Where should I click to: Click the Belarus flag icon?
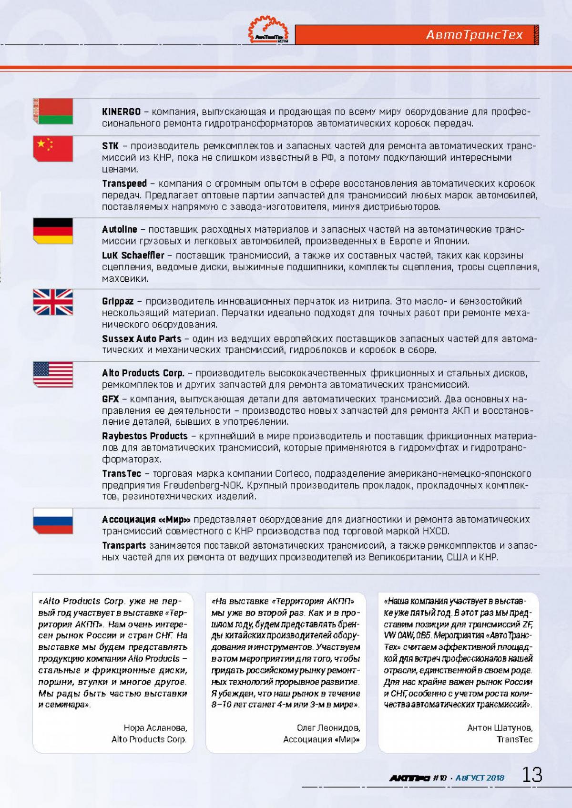[53, 112]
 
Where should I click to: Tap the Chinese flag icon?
[53, 148]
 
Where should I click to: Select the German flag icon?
[53, 230]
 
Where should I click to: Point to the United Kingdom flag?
[53, 302]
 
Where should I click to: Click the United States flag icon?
[53, 374]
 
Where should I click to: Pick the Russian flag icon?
[53, 521]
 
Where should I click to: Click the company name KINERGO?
[121, 112]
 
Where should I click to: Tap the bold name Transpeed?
[124, 184]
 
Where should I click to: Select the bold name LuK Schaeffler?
[133, 255]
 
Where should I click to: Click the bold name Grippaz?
[118, 301]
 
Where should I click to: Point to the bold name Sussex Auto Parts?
[142, 339]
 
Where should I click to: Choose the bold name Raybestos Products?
[145, 436]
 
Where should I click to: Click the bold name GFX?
[110, 399]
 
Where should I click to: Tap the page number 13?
[532, 775]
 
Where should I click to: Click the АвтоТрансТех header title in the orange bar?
[474, 35]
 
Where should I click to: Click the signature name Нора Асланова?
[155, 728]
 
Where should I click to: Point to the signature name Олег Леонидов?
[328, 728]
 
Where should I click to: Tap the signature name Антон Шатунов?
[500, 728]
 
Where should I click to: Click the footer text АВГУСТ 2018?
[480, 778]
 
